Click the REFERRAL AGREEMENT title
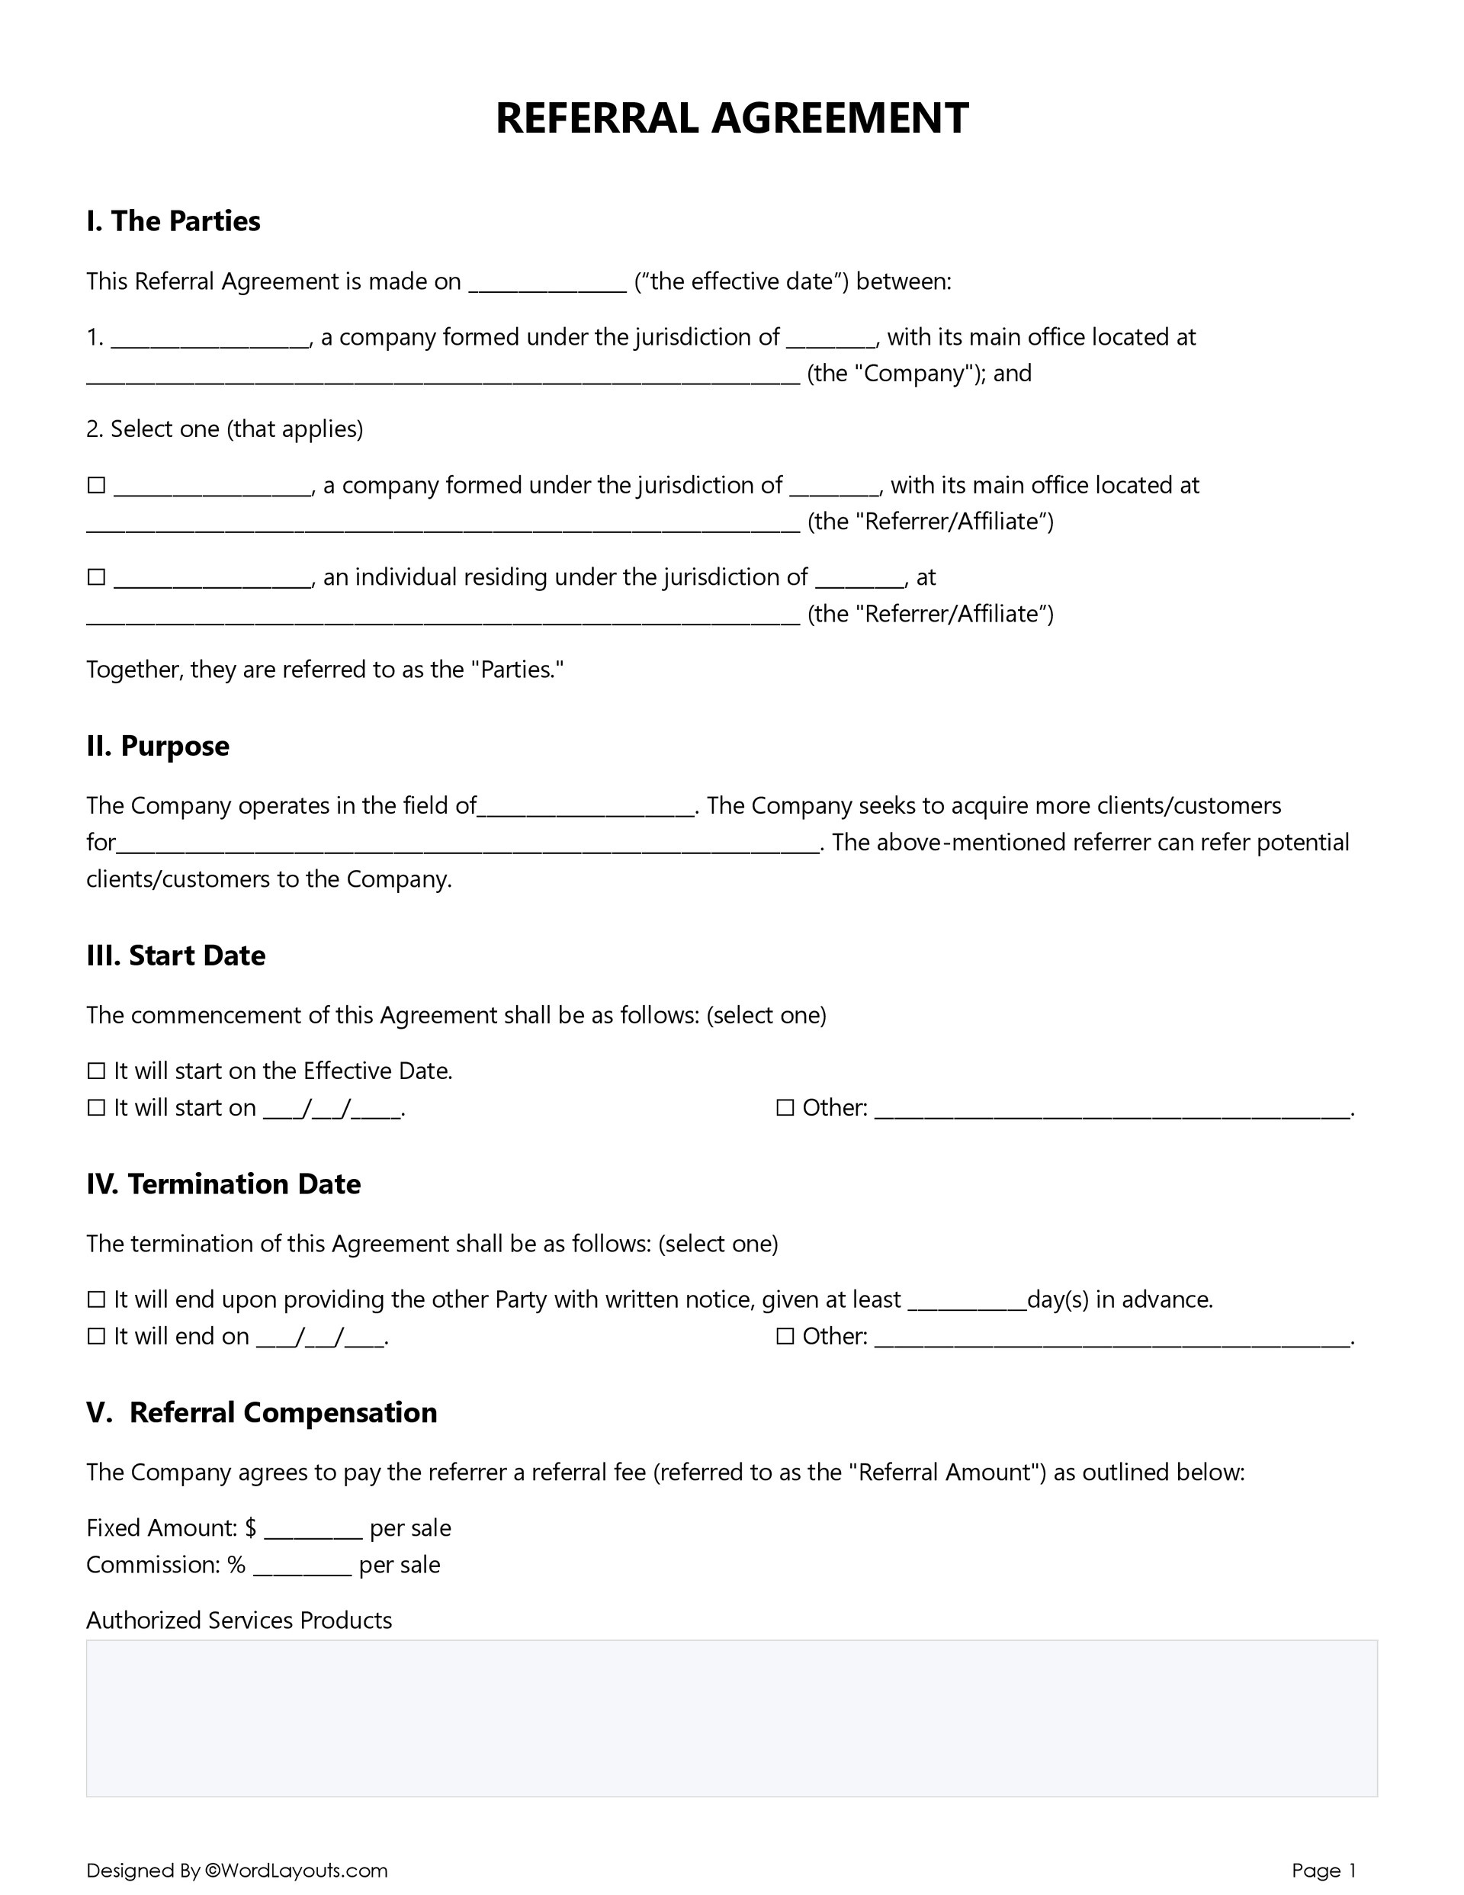(731, 118)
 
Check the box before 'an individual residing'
(96, 577)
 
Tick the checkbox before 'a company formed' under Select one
(96, 485)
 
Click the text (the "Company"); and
(919, 374)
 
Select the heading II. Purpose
(158, 747)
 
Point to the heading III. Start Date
(176, 956)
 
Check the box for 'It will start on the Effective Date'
(96, 1071)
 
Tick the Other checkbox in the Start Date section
(785, 1108)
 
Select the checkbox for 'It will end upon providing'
(96, 1299)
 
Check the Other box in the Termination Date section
(785, 1336)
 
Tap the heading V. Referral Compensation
(262, 1412)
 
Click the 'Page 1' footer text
(1324, 1871)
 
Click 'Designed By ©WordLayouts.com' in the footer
(237, 1871)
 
